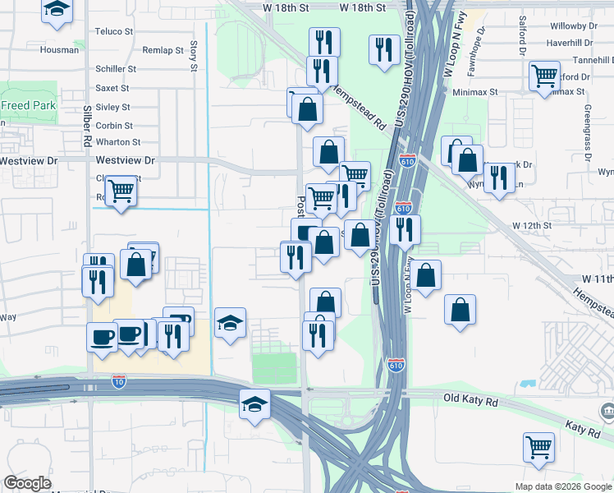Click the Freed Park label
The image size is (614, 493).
(29, 105)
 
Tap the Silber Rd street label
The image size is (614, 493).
(87, 129)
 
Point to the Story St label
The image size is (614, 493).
(194, 55)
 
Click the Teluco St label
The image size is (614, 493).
(114, 31)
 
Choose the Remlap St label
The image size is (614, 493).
(163, 50)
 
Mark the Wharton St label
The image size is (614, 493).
(114, 142)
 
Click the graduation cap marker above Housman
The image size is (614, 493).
(57, 9)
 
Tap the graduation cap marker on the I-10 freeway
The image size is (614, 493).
(254, 404)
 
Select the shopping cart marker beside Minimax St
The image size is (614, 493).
(544, 76)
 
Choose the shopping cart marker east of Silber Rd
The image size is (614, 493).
(121, 191)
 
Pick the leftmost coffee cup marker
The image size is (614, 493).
(103, 336)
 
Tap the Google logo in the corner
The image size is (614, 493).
(27, 483)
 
